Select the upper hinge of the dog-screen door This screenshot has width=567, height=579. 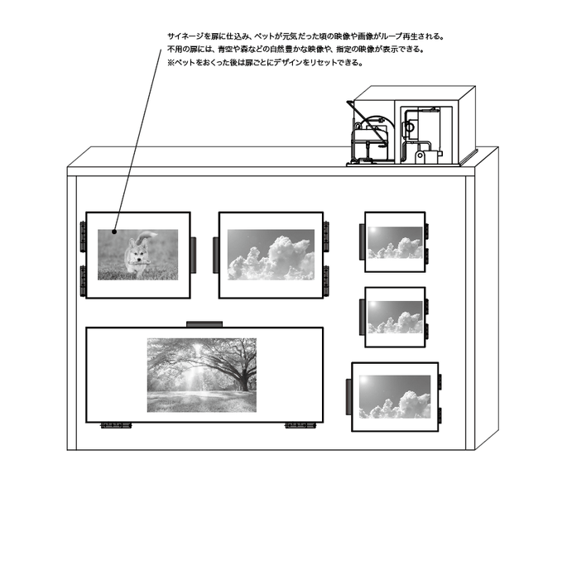83,235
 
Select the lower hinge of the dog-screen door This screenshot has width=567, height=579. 83,280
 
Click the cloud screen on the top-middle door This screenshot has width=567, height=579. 271,254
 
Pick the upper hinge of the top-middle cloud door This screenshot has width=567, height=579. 326,235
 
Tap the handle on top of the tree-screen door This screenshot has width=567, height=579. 203,323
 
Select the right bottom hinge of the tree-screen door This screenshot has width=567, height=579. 300,426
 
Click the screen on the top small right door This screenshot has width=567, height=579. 395,242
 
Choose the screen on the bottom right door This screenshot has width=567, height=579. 394,396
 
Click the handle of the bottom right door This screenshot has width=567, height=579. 349,396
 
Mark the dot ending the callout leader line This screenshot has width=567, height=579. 115,232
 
